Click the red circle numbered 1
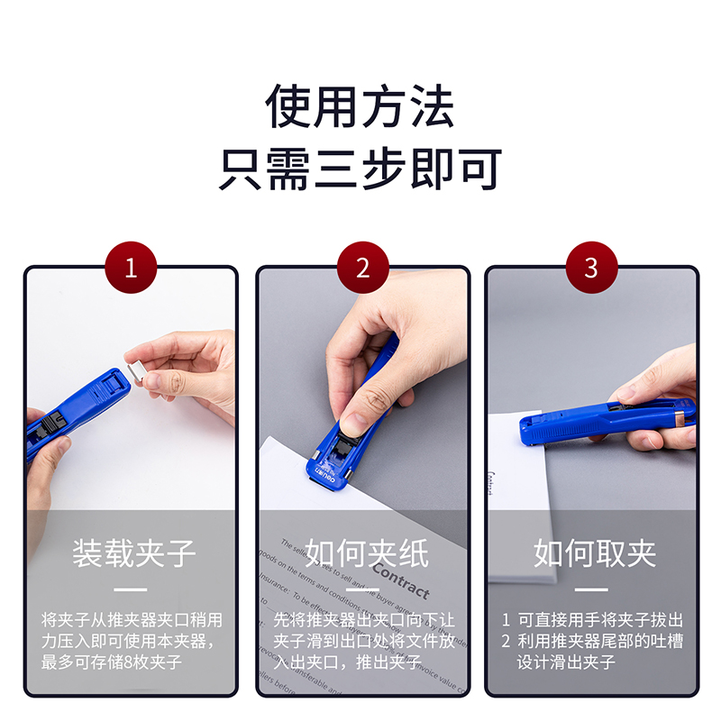click(x=132, y=269)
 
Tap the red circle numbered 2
click(x=362, y=269)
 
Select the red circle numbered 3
click(x=591, y=269)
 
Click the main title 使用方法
click(x=360, y=106)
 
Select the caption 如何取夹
click(x=595, y=553)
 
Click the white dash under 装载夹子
click(x=132, y=590)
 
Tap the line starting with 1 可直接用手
click(x=592, y=621)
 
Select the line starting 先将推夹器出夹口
click(x=364, y=621)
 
